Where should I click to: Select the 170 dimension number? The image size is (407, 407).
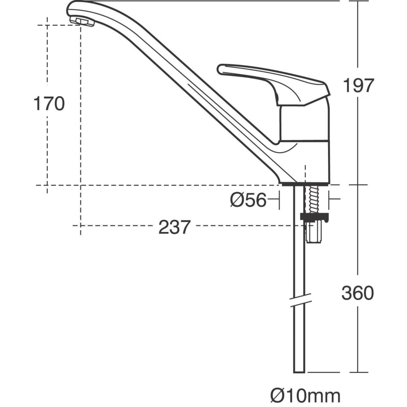pos(49,104)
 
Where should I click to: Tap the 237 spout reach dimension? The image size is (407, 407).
pos(174,227)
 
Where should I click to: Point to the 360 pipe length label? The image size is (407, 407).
pos(357,293)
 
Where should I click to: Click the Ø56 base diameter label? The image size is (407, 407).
pos(248,200)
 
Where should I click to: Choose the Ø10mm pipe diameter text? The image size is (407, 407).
pos(305,394)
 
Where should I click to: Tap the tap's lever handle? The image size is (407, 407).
pos(273,79)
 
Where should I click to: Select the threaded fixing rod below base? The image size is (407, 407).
pos(314,200)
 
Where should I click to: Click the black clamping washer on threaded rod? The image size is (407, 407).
pos(315,217)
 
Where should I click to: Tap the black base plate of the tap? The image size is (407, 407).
pos(303,184)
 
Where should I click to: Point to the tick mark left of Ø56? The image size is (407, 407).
pos(279,200)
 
